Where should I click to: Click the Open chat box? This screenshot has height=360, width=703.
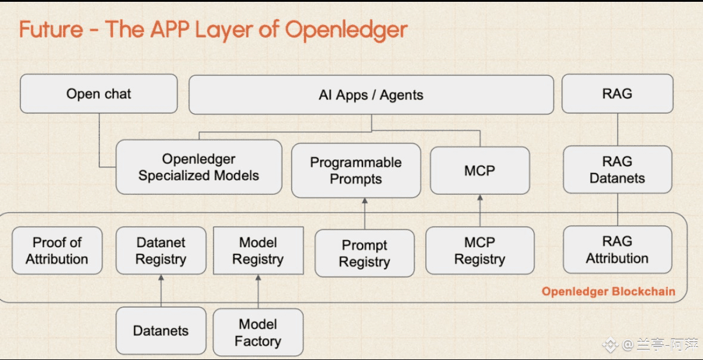pos(99,94)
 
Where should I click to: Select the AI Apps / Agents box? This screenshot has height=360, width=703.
pos(371,95)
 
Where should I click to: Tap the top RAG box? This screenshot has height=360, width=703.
pos(617,94)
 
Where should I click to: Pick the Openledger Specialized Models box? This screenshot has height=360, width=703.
pos(199,167)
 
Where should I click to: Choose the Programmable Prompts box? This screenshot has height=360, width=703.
pos(355,170)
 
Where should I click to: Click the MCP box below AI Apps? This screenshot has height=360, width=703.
pos(479,170)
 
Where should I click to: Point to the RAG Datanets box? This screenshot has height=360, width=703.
pos(617,170)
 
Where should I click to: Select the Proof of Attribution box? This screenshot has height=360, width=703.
pos(57,250)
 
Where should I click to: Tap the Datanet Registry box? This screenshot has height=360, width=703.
pos(161,250)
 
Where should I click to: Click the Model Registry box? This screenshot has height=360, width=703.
pos(258,250)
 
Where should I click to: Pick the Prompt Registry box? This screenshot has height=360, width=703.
pos(364,253)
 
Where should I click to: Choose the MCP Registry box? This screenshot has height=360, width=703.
pos(479,251)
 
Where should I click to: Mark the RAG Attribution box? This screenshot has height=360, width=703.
pos(617,250)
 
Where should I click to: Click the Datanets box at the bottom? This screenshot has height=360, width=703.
pos(161,331)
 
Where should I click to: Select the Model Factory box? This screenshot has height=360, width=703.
pos(258,333)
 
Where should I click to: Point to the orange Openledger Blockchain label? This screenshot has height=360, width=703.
pos(608,291)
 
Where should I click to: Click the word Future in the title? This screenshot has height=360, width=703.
pos(51,29)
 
